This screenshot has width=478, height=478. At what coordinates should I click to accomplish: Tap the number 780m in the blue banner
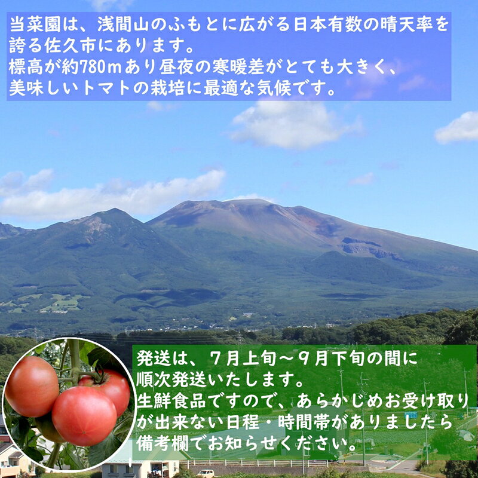point(100,67)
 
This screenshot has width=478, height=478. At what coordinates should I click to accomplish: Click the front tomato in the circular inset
point(84,416)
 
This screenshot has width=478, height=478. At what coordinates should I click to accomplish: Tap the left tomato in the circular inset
point(32,386)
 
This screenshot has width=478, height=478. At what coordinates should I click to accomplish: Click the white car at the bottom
point(206,473)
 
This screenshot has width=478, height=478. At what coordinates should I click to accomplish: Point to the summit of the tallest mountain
point(250,201)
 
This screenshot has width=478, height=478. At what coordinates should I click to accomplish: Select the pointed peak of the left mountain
point(115,210)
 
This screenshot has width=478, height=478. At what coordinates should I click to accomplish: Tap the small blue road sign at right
point(411,415)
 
